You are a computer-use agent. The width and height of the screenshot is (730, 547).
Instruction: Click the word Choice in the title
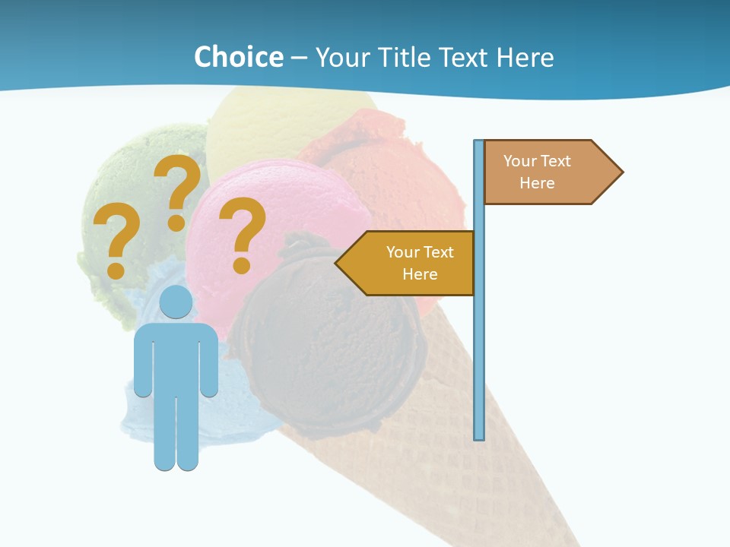[x=238, y=57]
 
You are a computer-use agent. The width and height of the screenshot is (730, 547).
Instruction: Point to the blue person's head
[x=176, y=302]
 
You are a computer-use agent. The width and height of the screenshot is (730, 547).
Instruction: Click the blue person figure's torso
[x=176, y=357]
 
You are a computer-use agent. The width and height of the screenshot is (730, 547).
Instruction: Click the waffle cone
[x=456, y=471]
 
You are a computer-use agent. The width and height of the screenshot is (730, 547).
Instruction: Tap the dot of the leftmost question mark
[x=116, y=270]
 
